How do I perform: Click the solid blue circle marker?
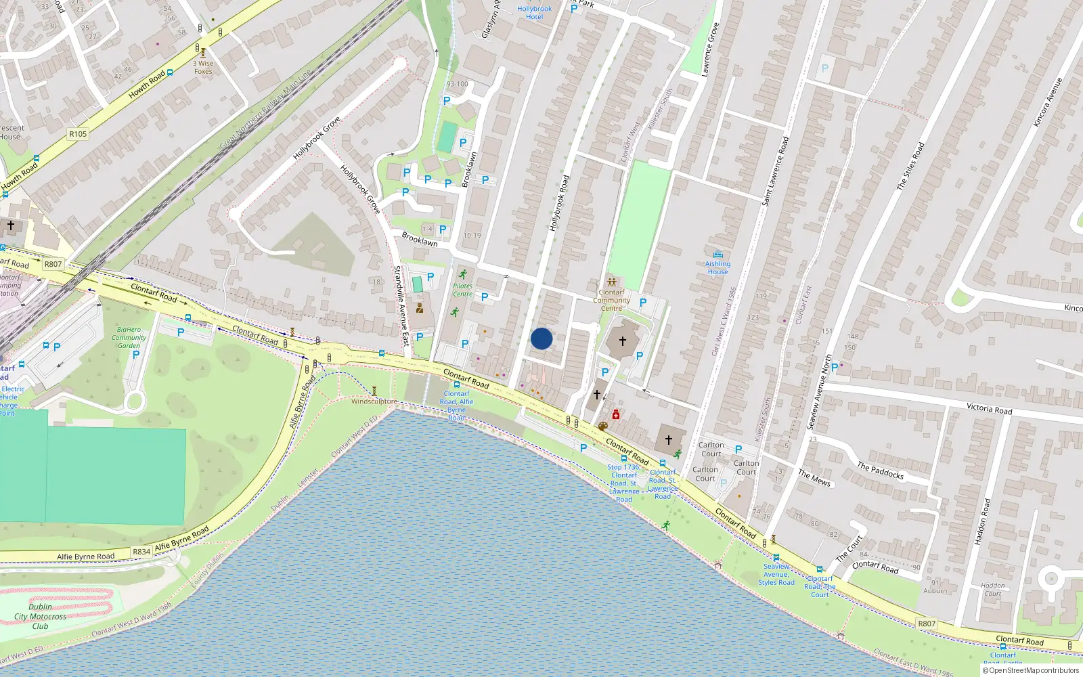pyautogui.click(x=541, y=338)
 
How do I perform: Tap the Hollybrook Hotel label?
pyautogui.click(x=534, y=13)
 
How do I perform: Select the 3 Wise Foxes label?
pyautogui.click(x=203, y=67)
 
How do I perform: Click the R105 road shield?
pyautogui.click(x=78, y=134)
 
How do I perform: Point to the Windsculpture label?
pyautogui.click(x=374, y=401)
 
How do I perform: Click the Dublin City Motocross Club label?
pyautogui.click(x=41, y=616)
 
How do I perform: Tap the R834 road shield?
pyautogui.click(x=141, y=552)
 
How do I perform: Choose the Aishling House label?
pyautogui.click(x=717, y=267)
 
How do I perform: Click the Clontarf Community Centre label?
pyautogui.click(x=611, y=300)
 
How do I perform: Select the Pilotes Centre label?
pyautogui.click(x=463, y=290)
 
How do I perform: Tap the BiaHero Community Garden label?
pyautogui.click(x=129, y=337)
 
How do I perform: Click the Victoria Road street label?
pyautogui.click(x=989, y=409)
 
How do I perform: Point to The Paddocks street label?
pyautogui.click(x=880, y=471)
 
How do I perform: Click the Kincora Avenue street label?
pyautogui.click(x=1048, y=102)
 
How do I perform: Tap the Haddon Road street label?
pyautogui.click(x=982, y=521)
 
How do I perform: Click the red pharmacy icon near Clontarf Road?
pyautogui.click(x=616, y=414)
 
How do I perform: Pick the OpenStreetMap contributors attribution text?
pyautogui.click(x=1031, y=670)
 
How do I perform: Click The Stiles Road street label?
pyautogui.click(x=910, y=166)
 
